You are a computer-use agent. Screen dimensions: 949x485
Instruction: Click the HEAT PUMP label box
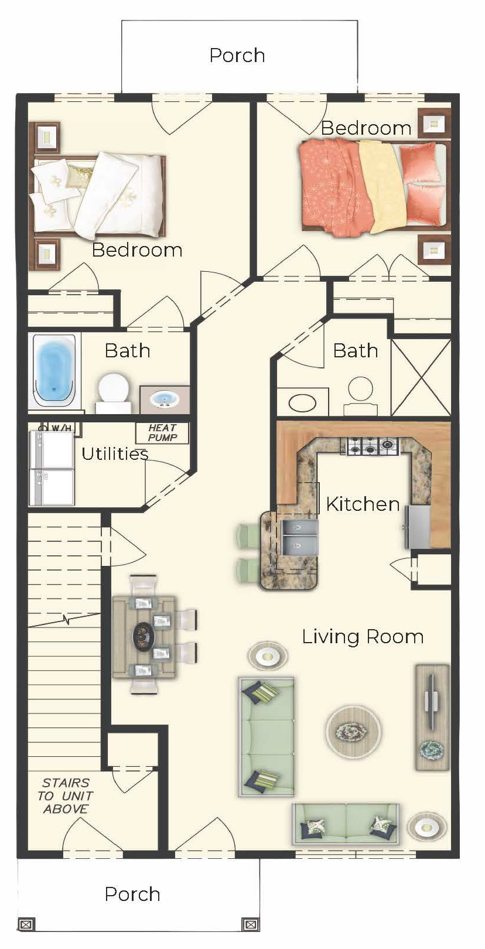pos(162,433)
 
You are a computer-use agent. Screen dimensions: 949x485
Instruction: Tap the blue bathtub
pos(54,370)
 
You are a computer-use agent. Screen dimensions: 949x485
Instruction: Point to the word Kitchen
pos(363,504)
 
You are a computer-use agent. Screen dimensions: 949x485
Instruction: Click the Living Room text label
pos(363,636)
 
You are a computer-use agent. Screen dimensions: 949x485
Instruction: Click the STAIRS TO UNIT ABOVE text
pos(66,796)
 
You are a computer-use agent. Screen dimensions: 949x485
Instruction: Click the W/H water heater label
pos(60,428)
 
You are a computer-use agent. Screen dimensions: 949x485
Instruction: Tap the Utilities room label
pos(114,453)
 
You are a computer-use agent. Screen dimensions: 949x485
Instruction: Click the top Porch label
pos(237,55)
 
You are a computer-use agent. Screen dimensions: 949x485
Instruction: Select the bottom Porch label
pos(132,894)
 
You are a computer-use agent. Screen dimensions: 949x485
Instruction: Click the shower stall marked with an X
pos(421,377)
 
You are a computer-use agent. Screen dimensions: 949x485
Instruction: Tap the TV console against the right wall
pos(432,717)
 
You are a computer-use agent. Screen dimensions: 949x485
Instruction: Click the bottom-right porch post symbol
pos(250,924)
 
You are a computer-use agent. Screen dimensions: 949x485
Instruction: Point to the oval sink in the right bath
pos(302,403)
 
